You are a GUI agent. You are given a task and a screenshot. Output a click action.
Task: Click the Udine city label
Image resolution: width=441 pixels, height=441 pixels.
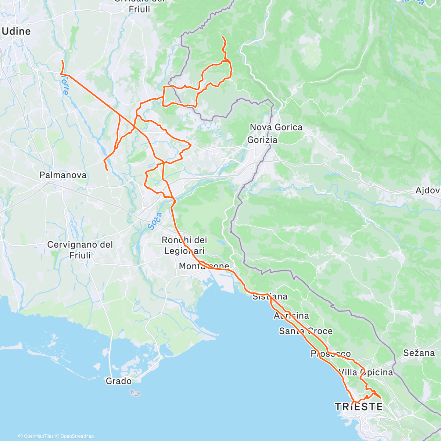17,31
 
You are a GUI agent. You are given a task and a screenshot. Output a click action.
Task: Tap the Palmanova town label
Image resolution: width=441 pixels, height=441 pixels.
63,175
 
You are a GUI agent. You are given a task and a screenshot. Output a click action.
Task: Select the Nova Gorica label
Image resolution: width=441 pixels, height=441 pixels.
276,127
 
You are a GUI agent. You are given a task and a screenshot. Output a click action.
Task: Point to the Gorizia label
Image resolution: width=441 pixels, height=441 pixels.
262,140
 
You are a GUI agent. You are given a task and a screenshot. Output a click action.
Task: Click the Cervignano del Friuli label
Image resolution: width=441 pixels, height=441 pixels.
80,250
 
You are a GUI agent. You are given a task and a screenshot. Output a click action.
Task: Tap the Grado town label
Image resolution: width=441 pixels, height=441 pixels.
118,381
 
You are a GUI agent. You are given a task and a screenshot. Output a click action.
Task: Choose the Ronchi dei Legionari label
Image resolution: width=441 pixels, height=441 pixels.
184,245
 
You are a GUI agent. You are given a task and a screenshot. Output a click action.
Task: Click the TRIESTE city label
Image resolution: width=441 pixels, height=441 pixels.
359,407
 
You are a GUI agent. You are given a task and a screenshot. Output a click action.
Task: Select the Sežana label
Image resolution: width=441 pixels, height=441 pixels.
419,353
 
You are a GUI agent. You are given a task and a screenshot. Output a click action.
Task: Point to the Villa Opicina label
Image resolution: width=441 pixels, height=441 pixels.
366,372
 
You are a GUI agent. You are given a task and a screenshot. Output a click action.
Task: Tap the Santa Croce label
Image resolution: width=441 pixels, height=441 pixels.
306,331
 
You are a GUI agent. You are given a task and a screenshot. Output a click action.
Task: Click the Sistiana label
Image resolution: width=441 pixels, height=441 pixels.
270,296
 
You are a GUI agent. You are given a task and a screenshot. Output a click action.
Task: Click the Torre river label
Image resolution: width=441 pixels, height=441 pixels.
64,86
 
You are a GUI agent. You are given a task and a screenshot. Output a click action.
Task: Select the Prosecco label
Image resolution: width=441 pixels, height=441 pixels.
330,354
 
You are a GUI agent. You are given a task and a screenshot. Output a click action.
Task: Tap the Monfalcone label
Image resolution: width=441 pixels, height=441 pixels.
204,266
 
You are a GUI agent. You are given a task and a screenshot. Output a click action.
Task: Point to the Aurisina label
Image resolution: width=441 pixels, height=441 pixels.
291,316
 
